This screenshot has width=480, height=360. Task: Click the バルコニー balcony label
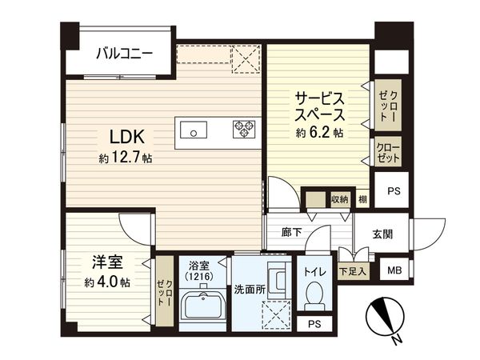(x=121, y=54)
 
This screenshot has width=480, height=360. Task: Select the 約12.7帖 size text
(x=126, y=158)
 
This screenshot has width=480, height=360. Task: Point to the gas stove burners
(x=243, y=129)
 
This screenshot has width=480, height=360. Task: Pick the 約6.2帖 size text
(x=321, y=133)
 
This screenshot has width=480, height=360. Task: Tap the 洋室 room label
(x=106, y=262)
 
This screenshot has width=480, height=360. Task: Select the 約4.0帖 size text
(x=107, y=282)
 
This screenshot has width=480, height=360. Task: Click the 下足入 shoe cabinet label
(x=352, y=272)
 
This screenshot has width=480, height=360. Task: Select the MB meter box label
(x=394, y=270)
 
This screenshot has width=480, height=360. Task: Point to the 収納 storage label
(x=339, y=199)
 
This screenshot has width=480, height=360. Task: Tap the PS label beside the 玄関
(x=393, y=191)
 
